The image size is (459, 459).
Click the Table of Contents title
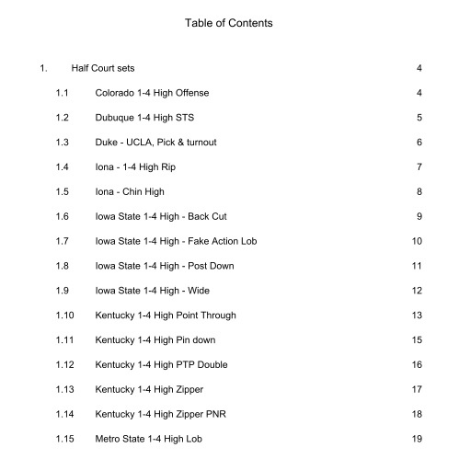click(x=229, y=22)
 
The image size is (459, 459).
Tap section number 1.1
click(x=63, y=93)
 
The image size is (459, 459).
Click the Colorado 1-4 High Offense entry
click(x=151, y=93)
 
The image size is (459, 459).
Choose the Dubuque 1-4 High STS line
click(x=144, y=118)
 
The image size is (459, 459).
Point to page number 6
click(x=419, y=143)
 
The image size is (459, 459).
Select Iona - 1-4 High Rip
click(x=137, y=166)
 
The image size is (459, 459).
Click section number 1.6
click(x=63, y=216)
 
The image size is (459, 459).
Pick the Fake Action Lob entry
click(x=174, y=241)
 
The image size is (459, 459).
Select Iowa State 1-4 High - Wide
click(x=156, y=291)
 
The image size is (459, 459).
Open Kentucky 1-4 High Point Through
click(x=166, y=316)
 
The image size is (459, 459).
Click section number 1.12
click(x=65, y=365)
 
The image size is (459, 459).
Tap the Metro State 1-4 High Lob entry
click(x=153, y=439)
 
